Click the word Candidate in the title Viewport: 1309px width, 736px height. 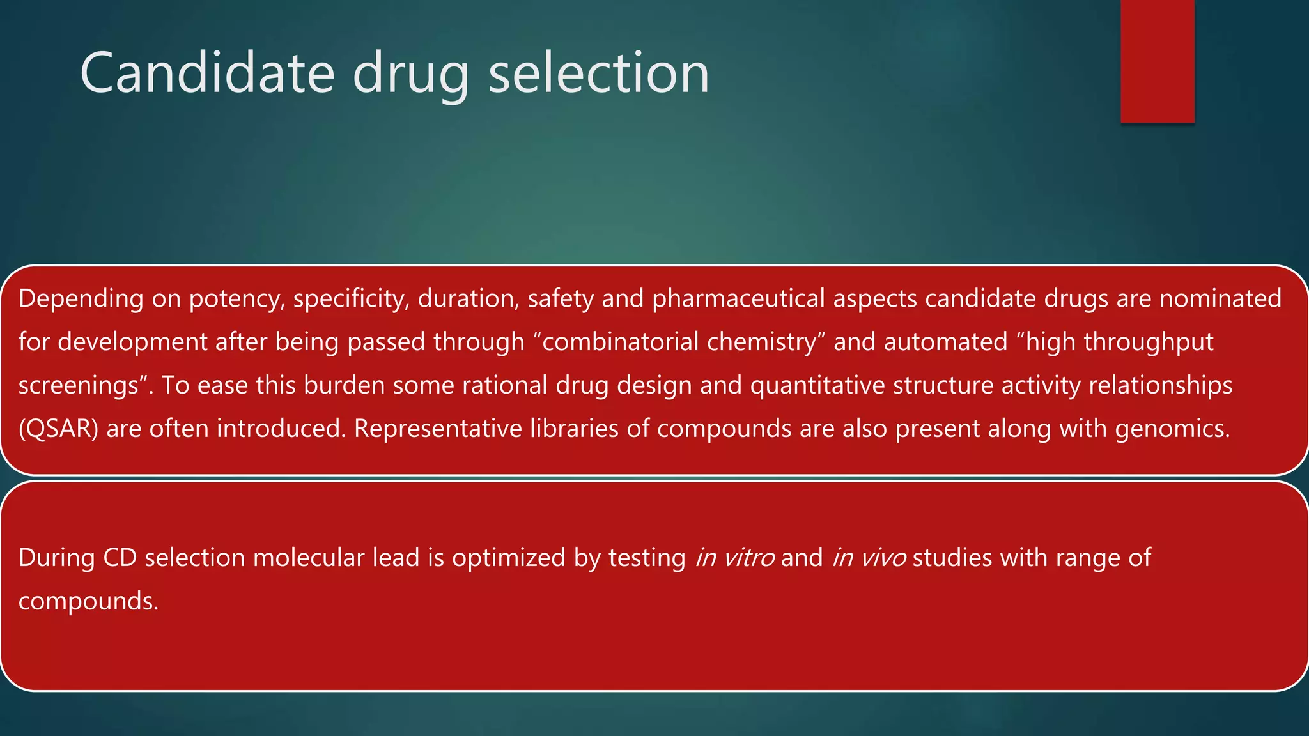[x=207, y=73]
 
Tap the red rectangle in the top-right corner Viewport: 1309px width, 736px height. [x=1157, y=61]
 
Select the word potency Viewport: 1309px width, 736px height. [x=236, y=299]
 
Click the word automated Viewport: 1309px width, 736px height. [x=945, y=342]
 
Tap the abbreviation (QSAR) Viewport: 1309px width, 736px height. [x=58, y=429]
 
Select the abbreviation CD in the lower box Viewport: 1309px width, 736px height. [x=120, y=558]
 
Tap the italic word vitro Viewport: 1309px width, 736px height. [x=748, y=558]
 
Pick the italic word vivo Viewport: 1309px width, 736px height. [x=884, y=558]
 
